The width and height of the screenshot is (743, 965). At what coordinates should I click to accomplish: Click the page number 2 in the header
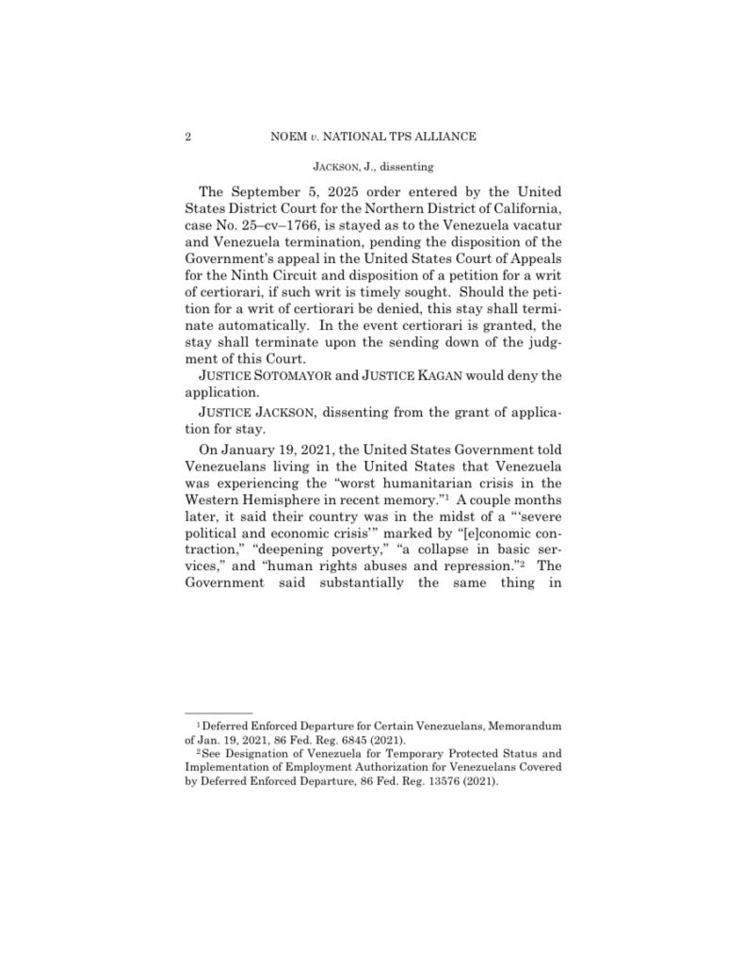(188, 137)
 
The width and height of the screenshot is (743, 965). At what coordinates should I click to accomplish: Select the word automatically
(265, 328)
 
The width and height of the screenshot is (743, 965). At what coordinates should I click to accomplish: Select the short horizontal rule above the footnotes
(218, 712)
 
